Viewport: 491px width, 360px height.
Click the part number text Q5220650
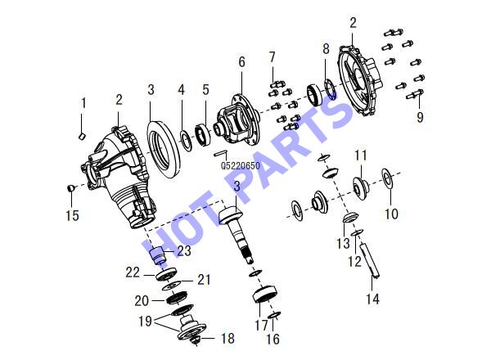tap(241, 165)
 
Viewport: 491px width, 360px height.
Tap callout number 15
tap(72, 215)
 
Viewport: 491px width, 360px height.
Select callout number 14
tap(373, 299)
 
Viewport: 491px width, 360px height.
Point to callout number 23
tap(184, 250)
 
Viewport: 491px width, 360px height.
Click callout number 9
tap(420, 117)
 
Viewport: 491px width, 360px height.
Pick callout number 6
tap(241, 62)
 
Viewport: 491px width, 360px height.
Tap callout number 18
tap(227, 339)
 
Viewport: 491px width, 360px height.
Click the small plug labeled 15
tap(71, 188)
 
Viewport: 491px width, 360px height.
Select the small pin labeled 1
tap(82, 136)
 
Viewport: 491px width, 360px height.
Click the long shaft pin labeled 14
tap(370, 259)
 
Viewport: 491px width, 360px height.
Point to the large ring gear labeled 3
tap(164, 150)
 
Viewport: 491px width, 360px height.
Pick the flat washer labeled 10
tap(389, 178)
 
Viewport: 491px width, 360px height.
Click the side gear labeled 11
tap(361, 188)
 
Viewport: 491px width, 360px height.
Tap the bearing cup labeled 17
tap(265, 295)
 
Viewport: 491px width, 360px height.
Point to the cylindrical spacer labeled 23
tap(159, 255)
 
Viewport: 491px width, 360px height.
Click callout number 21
tap(204, 280)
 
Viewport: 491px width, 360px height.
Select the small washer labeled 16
tap(273, 315)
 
